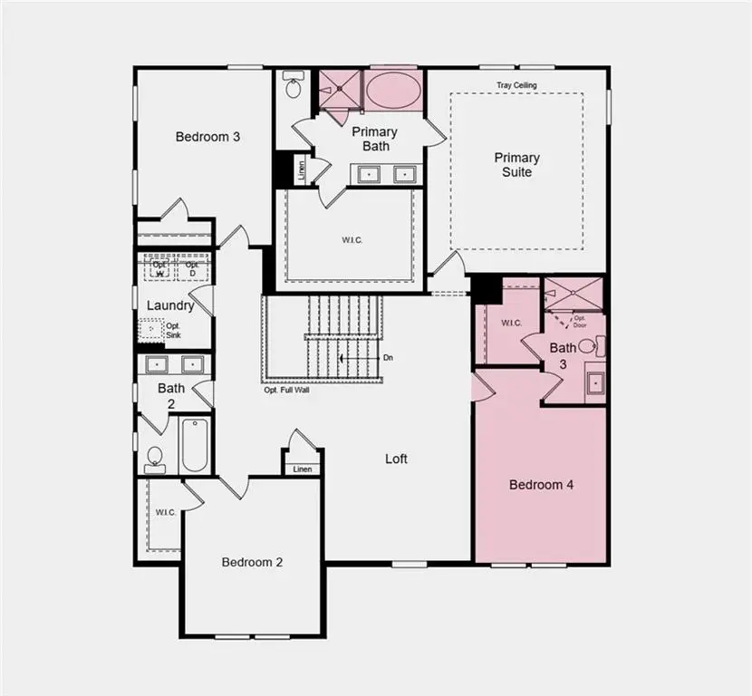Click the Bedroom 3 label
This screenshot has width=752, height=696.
207,137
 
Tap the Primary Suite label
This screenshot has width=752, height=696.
516,164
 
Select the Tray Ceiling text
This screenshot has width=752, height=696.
516,85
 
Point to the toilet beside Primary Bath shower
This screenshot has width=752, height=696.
294,86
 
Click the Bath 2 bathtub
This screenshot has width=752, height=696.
195,444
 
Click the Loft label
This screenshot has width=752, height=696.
396,459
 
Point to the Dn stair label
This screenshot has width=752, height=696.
388,358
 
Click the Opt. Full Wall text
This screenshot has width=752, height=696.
286,391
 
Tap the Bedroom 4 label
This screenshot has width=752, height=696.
541,485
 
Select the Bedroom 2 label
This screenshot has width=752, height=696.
252,562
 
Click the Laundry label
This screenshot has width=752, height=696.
170,305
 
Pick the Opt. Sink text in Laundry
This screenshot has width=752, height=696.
173,330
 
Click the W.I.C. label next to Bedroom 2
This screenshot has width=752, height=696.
165,513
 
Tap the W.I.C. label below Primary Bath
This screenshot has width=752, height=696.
352,240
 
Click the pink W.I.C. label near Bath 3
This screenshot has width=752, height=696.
511,323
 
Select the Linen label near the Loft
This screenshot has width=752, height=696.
302,469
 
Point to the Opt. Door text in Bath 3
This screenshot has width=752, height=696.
579,321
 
